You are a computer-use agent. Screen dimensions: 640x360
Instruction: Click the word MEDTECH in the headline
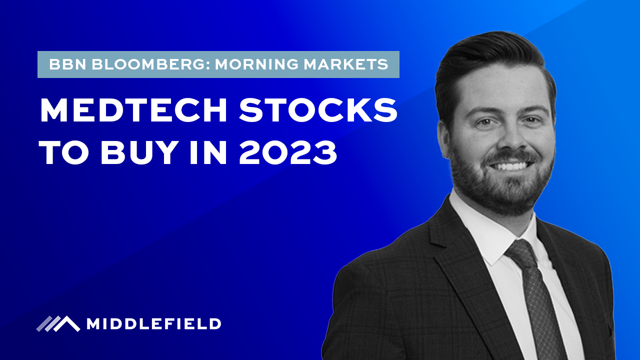133,110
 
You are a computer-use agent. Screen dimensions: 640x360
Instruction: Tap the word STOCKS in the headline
318,110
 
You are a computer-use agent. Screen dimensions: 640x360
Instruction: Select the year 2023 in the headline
288,152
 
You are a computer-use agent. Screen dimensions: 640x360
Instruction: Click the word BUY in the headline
137,152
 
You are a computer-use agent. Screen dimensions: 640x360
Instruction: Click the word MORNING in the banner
257,64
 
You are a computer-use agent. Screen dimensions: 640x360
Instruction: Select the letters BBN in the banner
67,64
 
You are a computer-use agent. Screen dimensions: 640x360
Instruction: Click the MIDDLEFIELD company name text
154,324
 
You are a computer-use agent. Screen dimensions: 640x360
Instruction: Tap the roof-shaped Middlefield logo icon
58,324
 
